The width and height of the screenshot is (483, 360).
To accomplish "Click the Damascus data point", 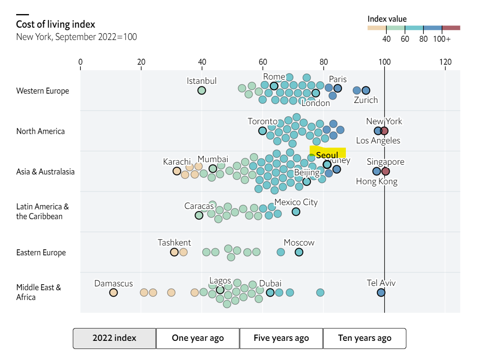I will pos(113,292).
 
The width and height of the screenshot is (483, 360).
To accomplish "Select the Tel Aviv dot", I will pos(381,292).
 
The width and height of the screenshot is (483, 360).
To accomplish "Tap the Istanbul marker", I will pos(201,90).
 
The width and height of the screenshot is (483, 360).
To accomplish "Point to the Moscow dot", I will pos(299,252).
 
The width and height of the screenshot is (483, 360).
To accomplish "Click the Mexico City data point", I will pos(296,211).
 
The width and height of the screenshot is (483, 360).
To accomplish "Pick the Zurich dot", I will pos(365,90).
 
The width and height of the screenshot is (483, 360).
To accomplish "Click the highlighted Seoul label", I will pos(327,155).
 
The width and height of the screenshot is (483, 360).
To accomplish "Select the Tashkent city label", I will pos(174,243).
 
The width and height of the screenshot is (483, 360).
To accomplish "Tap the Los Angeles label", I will pos(378,140).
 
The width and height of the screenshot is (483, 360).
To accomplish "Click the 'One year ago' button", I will pos(198,338).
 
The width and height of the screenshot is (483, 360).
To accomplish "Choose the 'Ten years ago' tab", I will pos(365,338).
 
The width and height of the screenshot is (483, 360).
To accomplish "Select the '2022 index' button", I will pos(114,338).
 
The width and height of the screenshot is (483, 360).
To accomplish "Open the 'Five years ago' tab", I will pos(281,338).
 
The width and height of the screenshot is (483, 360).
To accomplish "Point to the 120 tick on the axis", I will pos(445,62).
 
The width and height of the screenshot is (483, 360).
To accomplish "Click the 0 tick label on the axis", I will pos(80,62).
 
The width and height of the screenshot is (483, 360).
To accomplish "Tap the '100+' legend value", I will pos(442,39).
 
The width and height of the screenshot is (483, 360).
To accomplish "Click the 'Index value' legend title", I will pos(387,19).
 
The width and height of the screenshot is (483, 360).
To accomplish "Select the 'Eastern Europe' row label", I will pos(41,253).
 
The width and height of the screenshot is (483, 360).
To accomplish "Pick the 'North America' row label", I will pos(40,131).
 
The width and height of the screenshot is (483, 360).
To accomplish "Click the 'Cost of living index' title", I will pos(55,24).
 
